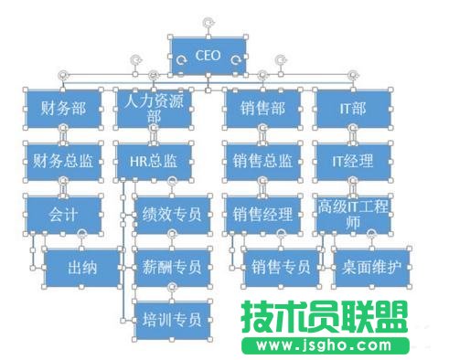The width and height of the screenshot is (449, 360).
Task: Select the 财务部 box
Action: click(x=63, y=109)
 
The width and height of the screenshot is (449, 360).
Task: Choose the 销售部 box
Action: click(x=262, y=109)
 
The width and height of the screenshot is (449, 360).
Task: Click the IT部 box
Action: click(x=352, y=109)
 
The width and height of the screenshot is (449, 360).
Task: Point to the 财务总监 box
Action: click(x=63, y=162)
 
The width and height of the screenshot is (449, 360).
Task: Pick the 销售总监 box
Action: click(x=262, y=162)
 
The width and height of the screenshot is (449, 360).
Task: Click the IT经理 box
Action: click(x=352, y=162)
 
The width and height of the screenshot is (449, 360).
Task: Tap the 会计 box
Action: click(x=63, y=215)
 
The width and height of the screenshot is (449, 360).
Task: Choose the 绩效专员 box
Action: click(x=172, y=215)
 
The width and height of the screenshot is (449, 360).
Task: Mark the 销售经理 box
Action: click(x=262, y=215)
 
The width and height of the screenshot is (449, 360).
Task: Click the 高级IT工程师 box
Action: click(x=352, y=215)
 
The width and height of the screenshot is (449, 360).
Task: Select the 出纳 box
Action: click(x=81, y=268)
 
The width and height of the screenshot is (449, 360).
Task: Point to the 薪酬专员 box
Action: click(x=172, y=268)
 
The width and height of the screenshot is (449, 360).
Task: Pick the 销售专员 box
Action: click(x=280, y=268)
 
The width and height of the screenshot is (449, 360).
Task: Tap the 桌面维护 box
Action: click(x=370, y=268)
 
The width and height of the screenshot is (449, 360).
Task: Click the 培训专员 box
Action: click(x=172, y=320)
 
